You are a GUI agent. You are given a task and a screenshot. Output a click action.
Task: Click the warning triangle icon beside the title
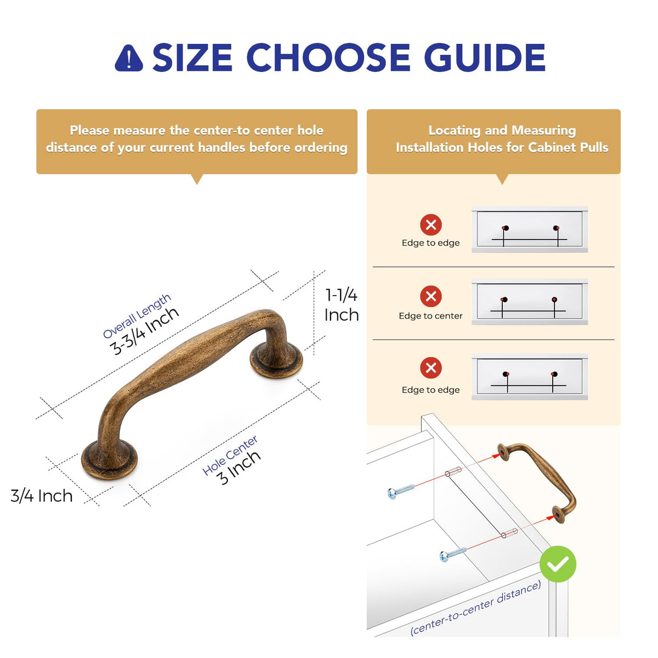tap(128, 58)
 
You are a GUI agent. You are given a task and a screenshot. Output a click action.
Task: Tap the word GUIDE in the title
tap(485, 58)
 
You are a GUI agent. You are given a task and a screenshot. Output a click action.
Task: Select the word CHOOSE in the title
tap(328, 58)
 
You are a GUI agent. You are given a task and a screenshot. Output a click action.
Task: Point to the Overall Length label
tap(137, 316)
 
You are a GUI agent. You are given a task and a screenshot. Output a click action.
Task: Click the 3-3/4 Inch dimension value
tap(144, 331)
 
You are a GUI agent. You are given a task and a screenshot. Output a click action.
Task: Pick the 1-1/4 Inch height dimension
tap(341, 305)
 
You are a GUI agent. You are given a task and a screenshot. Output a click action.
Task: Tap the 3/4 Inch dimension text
tap(42, 496)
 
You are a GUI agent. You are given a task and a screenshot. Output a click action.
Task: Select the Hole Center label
tap(230, 456)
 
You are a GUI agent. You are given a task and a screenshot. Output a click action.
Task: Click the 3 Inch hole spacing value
tap(239, 468)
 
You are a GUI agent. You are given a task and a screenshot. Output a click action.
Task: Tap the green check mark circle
tap(558, 564)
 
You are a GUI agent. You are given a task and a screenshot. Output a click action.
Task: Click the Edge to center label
tap(430, 316)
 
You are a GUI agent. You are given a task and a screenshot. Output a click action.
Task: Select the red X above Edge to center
tap(430, 296)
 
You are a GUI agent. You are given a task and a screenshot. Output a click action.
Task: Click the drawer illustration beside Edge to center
tap(529, 302)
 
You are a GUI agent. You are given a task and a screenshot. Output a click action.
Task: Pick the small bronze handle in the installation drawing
tap(537, 483)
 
